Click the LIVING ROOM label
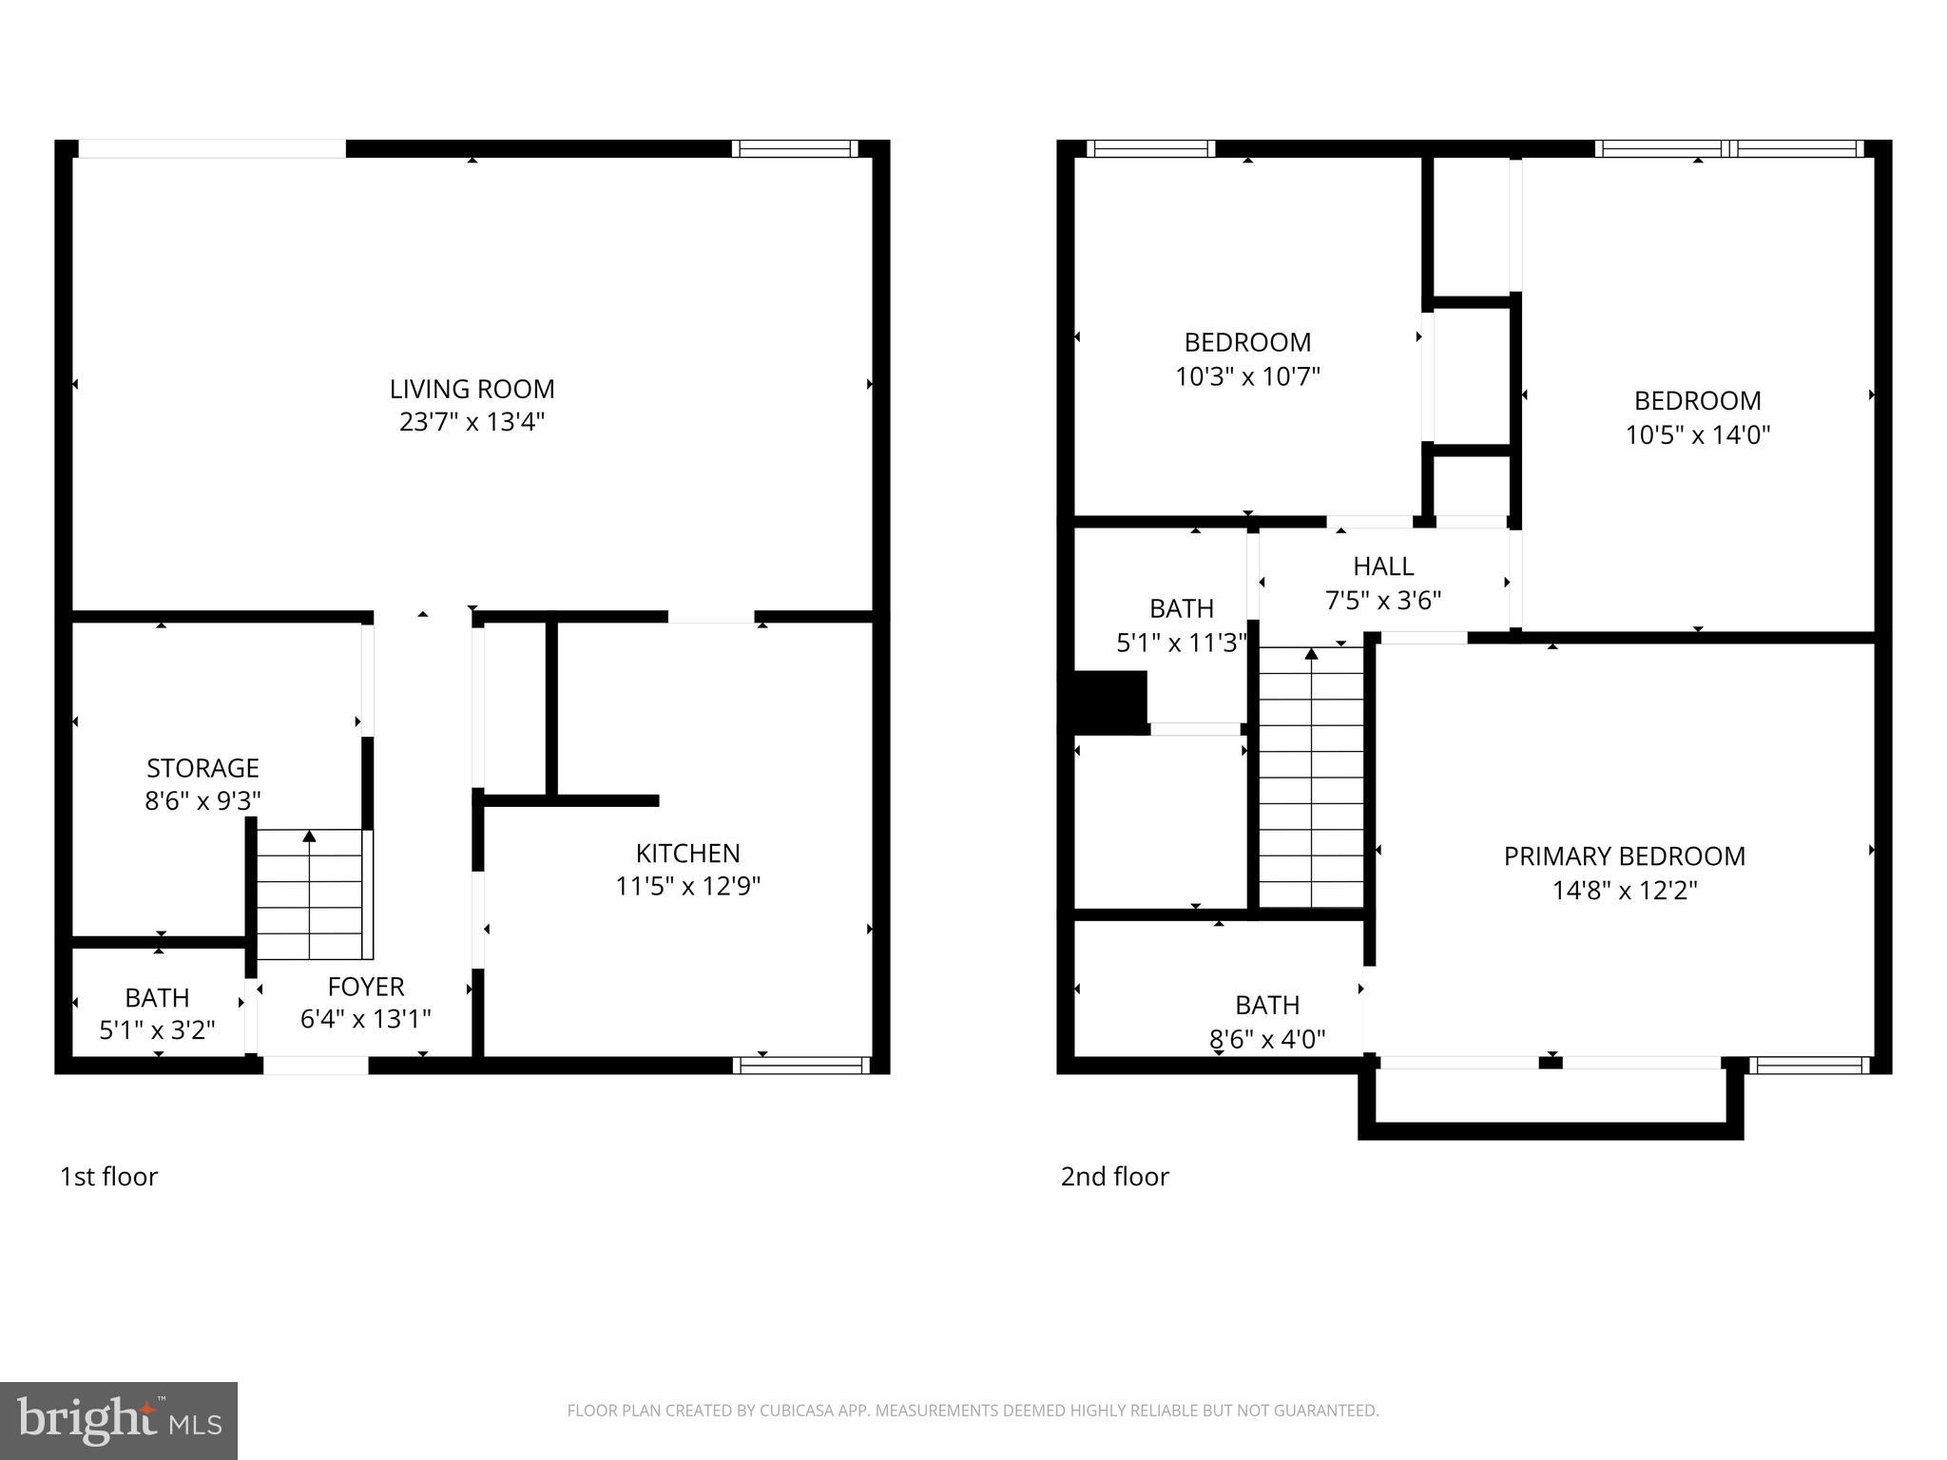(x=472, y=389)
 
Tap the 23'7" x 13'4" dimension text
(x=472, y=422)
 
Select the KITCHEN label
(x=687, y=853)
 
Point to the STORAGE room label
(x=202, y=767)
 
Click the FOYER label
(x=366, y=986)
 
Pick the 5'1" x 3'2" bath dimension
(x=158, y=1029)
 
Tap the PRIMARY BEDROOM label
(x=1624, y=856)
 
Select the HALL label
(x=1383, y=567)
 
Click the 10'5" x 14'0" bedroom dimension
(x=1697, y=435)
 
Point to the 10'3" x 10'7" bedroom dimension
(x=1247, y=377)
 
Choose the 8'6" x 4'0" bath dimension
(x=1267, y=1039)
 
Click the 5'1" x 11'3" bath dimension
(x=1181, y=644)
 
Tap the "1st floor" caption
(x=108, y=1177)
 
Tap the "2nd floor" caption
(x=1114, y=1177)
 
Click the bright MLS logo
(x=119, y=1420)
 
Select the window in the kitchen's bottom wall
(x=800, y=1066)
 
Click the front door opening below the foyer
(x=316, y=1066)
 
